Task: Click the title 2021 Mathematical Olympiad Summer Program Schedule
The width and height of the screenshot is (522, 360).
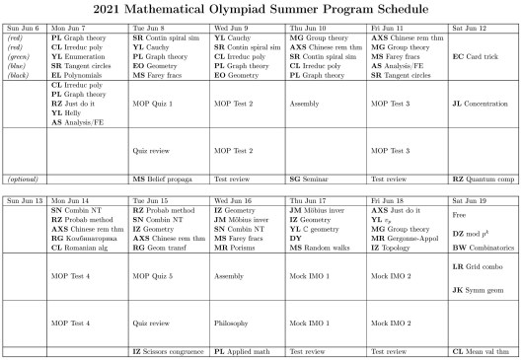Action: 261,8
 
